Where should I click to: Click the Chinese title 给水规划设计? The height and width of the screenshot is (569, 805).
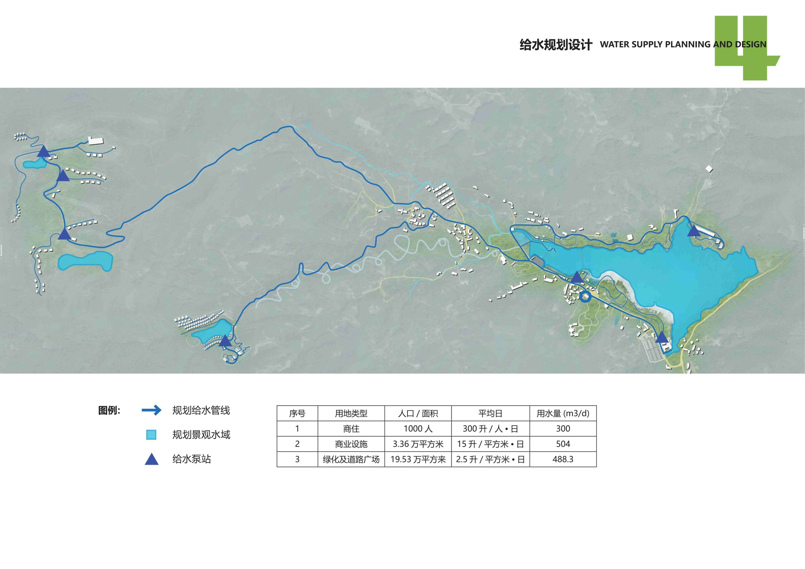click(555, 45)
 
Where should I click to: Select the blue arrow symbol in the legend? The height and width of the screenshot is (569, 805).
click(152, 410)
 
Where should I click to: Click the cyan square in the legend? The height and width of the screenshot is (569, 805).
click(151, 435)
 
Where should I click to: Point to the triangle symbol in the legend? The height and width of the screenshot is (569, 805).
click(152, 460)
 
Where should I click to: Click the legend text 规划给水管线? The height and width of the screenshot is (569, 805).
click(201, 410)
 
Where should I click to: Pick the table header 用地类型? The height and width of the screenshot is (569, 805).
click(351, 413)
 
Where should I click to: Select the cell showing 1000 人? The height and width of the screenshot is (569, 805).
click(418, 428)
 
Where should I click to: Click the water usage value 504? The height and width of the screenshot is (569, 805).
click(563, 444)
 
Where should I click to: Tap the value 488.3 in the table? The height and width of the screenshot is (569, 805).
click(563, 459)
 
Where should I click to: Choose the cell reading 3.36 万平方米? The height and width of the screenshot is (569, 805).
click(418, 444)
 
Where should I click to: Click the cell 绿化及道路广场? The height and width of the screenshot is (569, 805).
click(351, 459)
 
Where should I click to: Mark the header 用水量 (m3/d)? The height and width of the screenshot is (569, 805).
click(563, 413)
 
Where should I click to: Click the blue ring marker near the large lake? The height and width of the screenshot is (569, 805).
click(585, 296)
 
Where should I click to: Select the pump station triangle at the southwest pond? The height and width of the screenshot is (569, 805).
click(225, 341)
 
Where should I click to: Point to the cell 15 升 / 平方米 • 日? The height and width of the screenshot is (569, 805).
click(490, 444)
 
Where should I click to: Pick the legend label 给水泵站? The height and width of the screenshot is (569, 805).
click(192, 459)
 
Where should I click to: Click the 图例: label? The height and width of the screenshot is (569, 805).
click(109, 411)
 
